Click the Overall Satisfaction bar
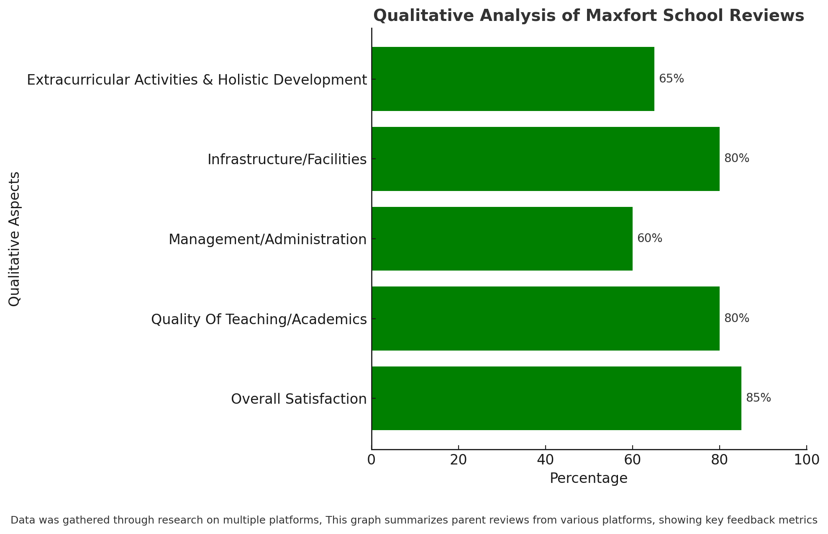pyautogui.click(x=556, y=398)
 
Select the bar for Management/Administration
pyautogui.click(x=502, y=239)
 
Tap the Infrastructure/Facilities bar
pyautogui.click(x=546, y=159)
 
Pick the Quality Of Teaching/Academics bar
pyautogui.click(x=546, y=318)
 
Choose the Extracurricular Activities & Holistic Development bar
pyautogui.click(x=513, y=79)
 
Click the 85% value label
pyautogui.click(x=758, y=398)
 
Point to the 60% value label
pyautogui.click(x=649, y=238)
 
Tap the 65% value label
pyautogui.click(x=671, y=79)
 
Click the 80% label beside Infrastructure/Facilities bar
pyautogui.click(x=736, y=158)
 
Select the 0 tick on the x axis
pyautogui.click(x=372, y=460)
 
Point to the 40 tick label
pyautogui.click(x=546, y=460)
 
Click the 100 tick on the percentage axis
pyautogui.click(x=807, y=460)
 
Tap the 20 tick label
pyautogui.click(x=459, y=460)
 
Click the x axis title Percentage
pyautogui.click(x=589, y=478)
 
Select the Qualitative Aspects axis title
pyautogui.click(x=15, y=239)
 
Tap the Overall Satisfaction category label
pyautogui.click(x=299, y=399)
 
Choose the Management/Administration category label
pyautogui.click(x=268, y=240)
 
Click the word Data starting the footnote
pyautogui.click(x=21, y=520)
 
